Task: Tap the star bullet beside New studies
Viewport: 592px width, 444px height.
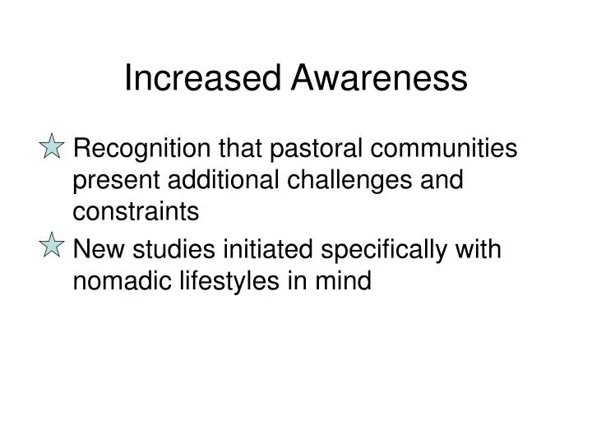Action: [x=52, y=245]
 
